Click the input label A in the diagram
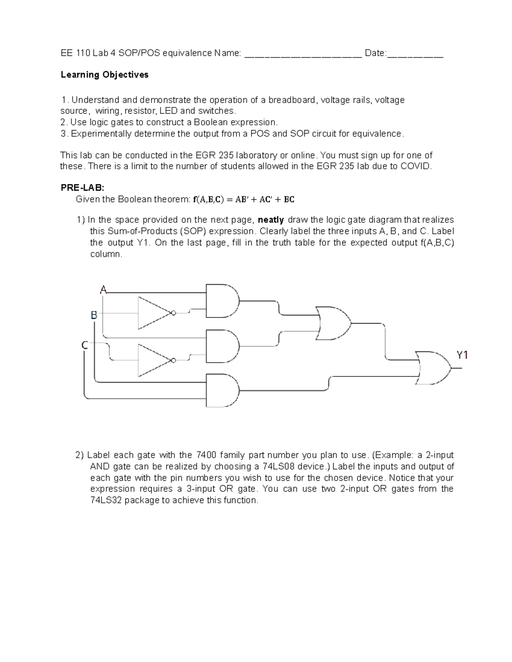[x=103, y=290]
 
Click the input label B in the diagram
[x=94, y=315]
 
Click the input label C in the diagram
[x=85, y=345]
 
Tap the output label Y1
[x=462, y=355]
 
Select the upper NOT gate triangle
[x=153, y=313]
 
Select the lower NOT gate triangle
[x=153, y=360]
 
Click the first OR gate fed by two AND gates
[x=333, y=323]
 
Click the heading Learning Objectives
[x=105, y=75]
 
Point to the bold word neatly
[x=271, y=220]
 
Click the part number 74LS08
[x=271, y=466]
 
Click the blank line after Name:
[x=303, y=54]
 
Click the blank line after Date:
[x=415, y=54]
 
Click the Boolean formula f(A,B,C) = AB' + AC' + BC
[x=244, y=199]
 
